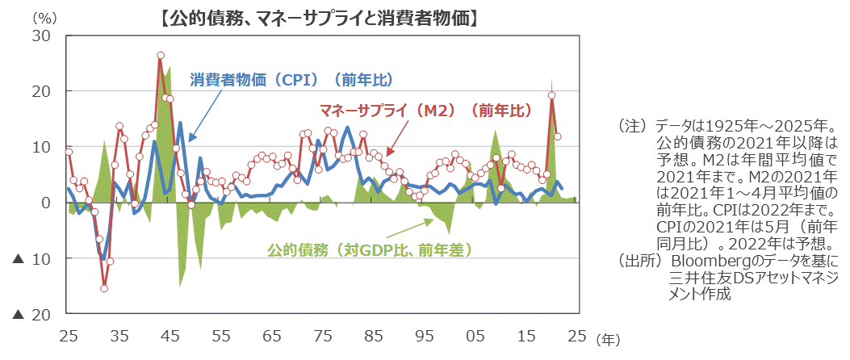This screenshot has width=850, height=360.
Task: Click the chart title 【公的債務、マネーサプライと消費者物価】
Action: [318, 17]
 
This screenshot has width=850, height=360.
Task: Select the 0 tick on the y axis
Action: [47, 203]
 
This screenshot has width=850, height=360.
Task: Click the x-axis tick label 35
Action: [119, 335]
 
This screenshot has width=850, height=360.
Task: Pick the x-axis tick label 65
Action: [272, 335]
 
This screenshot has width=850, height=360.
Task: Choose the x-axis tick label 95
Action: [425, 335]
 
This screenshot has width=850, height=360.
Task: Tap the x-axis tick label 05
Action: [475, 335]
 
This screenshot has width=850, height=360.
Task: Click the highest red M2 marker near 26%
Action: [161, 56]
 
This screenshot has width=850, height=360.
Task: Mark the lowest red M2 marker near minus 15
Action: [104, 288]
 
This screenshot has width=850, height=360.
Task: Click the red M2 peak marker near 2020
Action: [552, 95]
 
